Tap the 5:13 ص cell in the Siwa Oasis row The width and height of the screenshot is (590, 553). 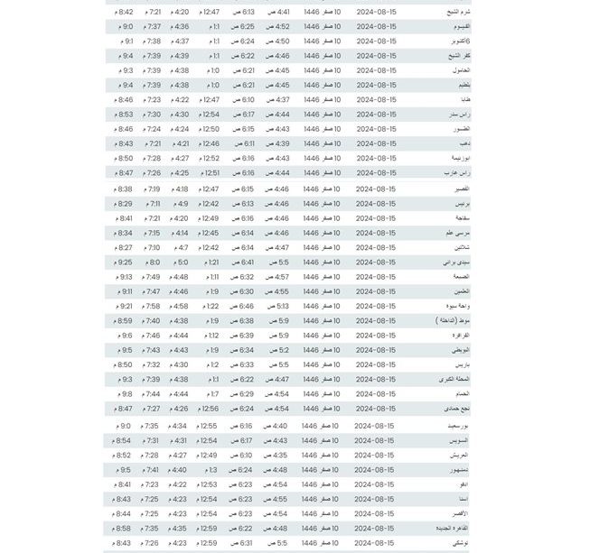pyautogui.click(x=276, y=306)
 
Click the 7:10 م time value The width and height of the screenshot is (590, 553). pyautogui.click(x=153, y=247)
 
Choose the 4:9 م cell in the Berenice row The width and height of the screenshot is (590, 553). pyautogui.click(x=182, y=204)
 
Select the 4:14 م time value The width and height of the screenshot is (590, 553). pyautogui.click(x=182, y=233)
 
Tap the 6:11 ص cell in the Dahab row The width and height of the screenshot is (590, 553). pyautogui.click(x=244, y=143)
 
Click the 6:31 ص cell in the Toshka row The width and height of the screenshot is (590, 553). pyautogui.click(x=244, y=543)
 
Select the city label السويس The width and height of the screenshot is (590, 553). pyautogui.click(x=459, y=440)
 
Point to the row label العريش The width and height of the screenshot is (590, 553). pyautogui.click(x=460, y=456)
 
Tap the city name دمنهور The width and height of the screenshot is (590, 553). pyautogui.click(x=459, y=470)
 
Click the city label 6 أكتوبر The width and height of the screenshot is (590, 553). pyautogui.click(x=460, y=41)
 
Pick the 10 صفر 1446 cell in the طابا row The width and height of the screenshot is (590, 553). pyautogui.click(x=323, y=100)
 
